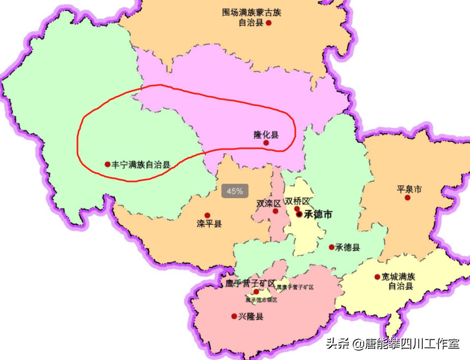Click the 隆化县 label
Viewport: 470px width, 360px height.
click(x=266, y=135)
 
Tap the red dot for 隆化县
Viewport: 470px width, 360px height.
click(x=266, y=143)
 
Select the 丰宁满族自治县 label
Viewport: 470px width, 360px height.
click(x=141, y=164)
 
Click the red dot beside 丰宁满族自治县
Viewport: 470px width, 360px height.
click(x=107, y=164)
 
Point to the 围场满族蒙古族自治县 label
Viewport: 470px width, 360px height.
click(x=251, y=18)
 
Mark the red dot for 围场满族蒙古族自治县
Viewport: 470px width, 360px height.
click(x=269, y=23)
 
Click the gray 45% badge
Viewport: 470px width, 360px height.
click(x=235, y=191)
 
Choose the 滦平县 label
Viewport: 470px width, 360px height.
click(x=209, y=224)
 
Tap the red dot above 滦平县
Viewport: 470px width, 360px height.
click(x=207, y=215)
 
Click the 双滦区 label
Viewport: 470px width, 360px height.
click(x=269, y=203)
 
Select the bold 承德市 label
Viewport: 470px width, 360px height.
click(x=318, y=214)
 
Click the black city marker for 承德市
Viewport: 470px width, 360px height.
click(x=300, y=214)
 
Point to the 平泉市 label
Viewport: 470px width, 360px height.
click(x=409, y=189)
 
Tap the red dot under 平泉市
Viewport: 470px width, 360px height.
click(x=407, y=198)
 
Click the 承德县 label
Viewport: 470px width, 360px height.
click(x=347, y=247)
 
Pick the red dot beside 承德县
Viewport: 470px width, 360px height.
click(x=331, y=247)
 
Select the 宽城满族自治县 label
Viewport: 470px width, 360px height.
click(x=398, y=281)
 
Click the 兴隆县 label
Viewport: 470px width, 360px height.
click(x=251, y=317)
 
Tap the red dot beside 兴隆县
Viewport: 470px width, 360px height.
click(x=234, y=316)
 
